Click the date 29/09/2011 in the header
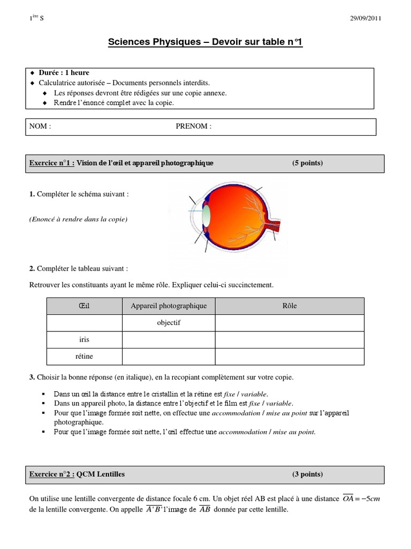tap(366, 18)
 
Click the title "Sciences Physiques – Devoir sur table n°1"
tap(205, 42)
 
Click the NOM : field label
tap(40, 127)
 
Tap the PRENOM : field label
tap(193, 127)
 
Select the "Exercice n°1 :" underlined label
tap(51, 163)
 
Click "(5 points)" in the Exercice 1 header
tap(307, 163)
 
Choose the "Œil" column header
tap(85, 306)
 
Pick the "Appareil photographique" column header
tap(169, 306)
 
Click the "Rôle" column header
tap(289, 306)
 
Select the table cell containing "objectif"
tap(169, 323)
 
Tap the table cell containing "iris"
tap(85, 340)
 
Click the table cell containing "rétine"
tap(85, 356)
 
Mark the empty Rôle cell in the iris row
tap(289, 340)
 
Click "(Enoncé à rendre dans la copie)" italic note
tap(78, 219)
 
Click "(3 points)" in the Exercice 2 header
tap(307, 474)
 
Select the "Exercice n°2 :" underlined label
tap(51, 474)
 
